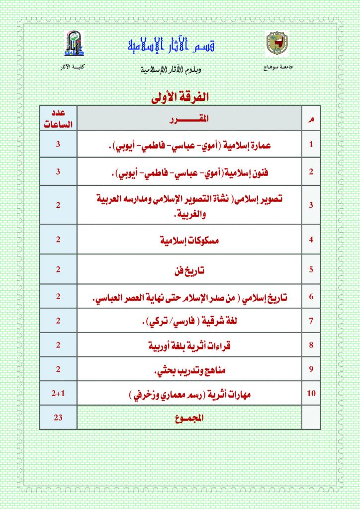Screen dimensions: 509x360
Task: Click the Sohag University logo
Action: pyautogui.click(x=277, y=44)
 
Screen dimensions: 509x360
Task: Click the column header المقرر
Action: pyautogui.click(x=189, y=119)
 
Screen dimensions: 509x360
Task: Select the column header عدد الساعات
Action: pyautogui.click(x=58, y=119)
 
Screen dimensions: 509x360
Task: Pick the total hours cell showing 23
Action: pyautogui.click(x=58, y=418)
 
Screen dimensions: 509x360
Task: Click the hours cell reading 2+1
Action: pyautogui.click(x=58, y=394)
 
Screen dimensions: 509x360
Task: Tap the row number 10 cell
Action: pyautogui.click(x=312, y=394)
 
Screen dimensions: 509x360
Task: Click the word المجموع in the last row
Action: pyautogui.click(x=189, y=418)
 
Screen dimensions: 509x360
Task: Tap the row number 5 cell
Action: pyautogui.click(x=312, y=270)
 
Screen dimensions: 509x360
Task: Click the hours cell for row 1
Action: pyautogui.click(x=58, y=145)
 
